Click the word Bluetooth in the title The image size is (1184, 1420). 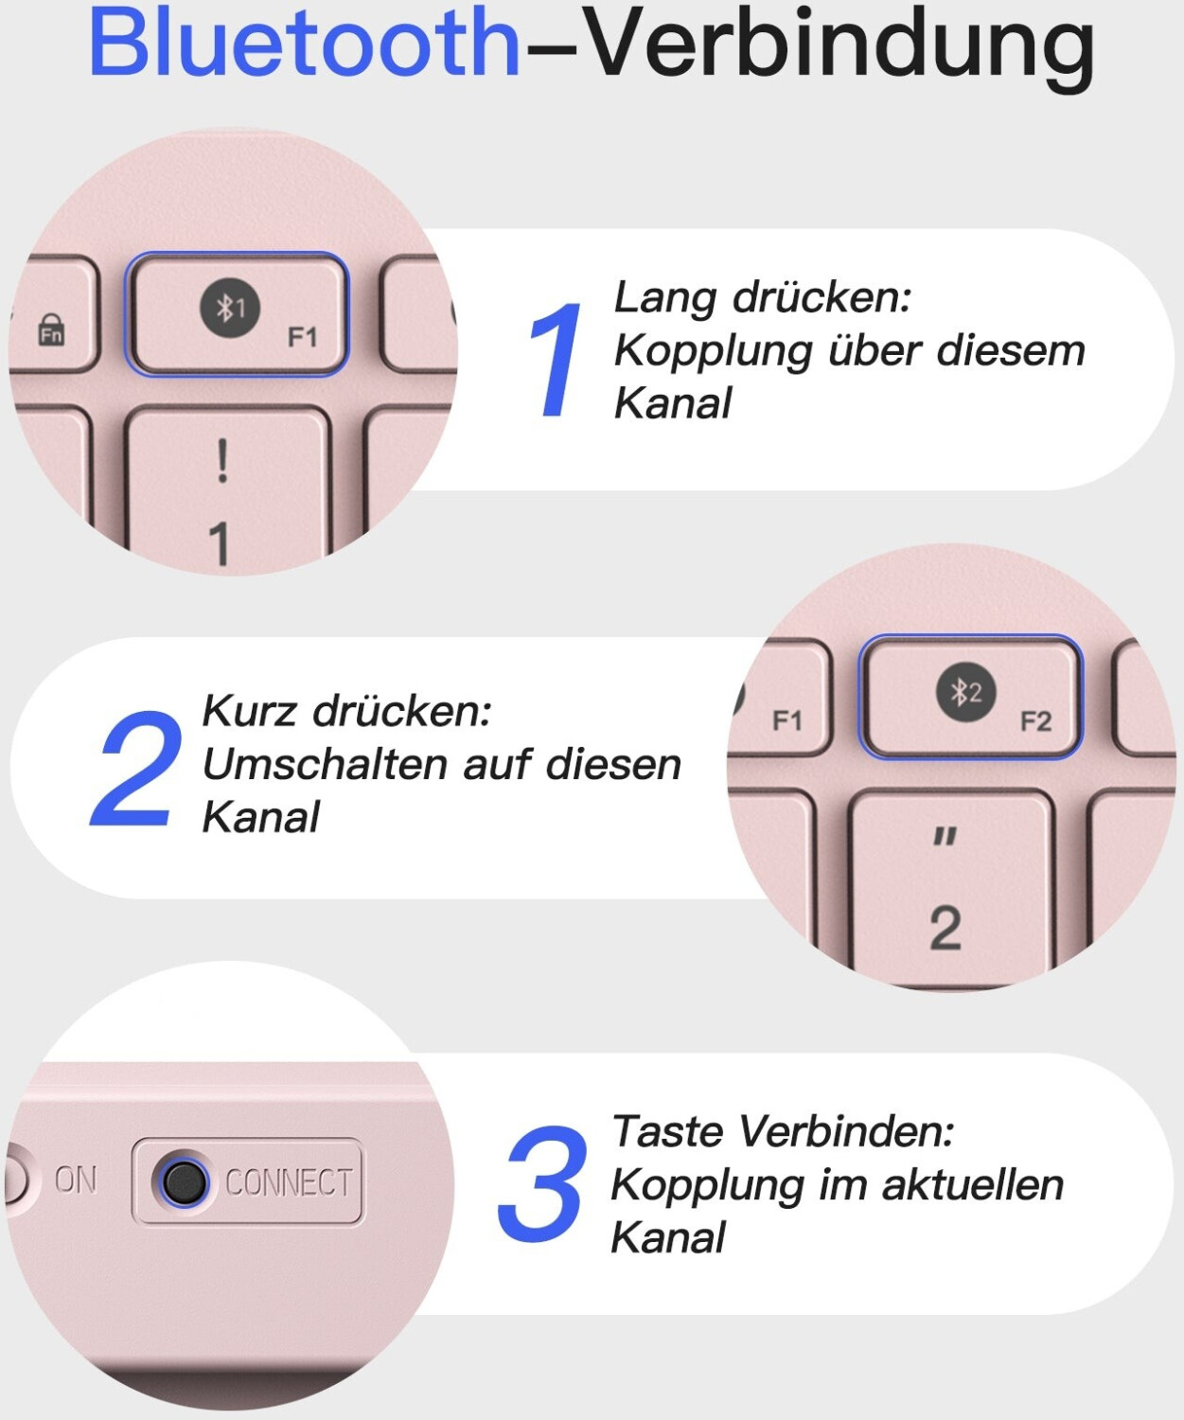click(x=304, y=43)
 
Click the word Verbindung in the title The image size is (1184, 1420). click(x=839, y=49)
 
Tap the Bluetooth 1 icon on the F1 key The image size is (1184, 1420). click(x=230, y=308)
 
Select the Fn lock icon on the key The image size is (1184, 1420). click(x=51, y=329)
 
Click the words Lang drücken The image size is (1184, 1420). click(x=762, y=297)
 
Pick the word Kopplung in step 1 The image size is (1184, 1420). click(x=713, y=351)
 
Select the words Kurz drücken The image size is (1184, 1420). click(x=346, y=711)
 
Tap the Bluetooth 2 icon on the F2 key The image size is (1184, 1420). click(x=966, y=693)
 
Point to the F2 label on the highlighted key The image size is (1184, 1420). click(x=1035, y=720)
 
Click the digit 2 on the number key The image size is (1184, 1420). click(x=945, y=928)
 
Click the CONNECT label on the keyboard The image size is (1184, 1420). click(x=289, y=1182)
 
